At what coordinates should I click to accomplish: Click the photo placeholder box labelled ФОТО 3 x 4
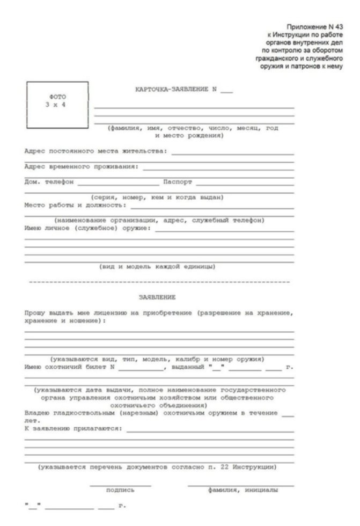point(57,105)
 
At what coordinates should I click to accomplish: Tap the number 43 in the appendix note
point(337,26)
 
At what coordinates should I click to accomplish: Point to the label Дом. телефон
point(49,182)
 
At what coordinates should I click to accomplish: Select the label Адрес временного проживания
point(81,166)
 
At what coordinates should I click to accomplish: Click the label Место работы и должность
point(75,205)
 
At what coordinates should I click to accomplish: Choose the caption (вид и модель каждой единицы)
point(158,266)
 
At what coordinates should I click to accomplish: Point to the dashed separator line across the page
point(158,281)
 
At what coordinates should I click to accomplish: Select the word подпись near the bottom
point(120,490)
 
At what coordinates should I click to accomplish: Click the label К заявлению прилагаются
point(73,429)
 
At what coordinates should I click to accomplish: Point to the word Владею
point(36,413)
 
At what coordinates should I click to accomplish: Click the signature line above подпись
point(120,484)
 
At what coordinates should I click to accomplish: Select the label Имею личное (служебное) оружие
point(89,228)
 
